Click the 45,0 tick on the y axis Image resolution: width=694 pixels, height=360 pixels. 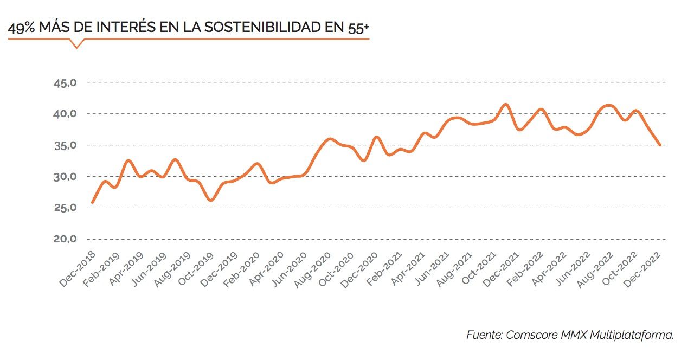(x=65, y=83)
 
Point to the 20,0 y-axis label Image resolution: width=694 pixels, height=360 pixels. (x=65, y=239)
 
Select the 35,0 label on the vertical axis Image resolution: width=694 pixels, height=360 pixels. (x=65, y=145)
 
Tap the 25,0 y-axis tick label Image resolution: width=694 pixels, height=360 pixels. (x=65, y=208)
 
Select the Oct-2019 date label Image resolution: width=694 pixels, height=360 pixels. (x=198, y=269)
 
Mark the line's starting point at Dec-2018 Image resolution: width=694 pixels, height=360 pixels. (x=92, y=203)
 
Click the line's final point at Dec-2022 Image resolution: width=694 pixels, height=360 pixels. (x=659, y=145)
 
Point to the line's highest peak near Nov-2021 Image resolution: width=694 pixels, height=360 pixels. (x=505, y=104)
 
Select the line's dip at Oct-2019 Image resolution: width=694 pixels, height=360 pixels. (x=210, y=201)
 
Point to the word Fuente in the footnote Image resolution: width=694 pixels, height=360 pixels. (x=484, y=335)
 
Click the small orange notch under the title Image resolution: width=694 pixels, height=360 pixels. (x=76, y=44)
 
